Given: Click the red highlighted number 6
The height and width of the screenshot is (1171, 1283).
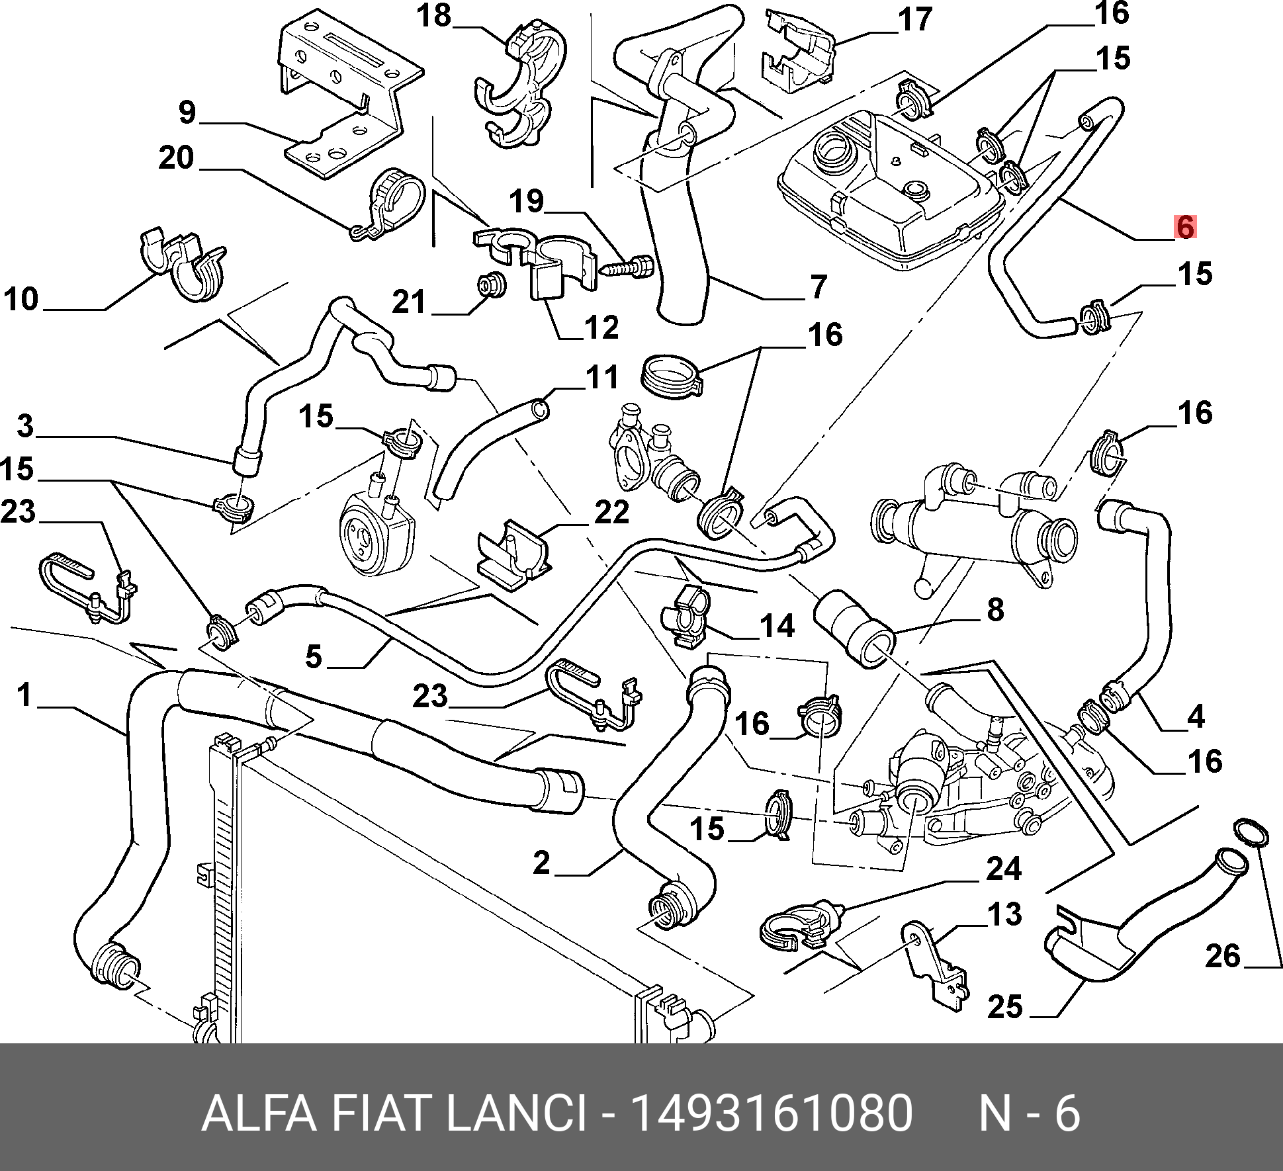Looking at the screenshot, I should tap(1184, 227).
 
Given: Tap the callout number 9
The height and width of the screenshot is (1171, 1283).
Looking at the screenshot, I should tap(187, 112).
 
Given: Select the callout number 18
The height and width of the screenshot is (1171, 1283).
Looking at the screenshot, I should tap(433, 16).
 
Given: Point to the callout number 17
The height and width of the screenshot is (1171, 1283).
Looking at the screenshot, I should tap(915, 20).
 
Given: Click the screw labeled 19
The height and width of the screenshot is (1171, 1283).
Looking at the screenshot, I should tap(627, 269).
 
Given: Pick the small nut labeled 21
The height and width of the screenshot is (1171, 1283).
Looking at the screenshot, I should tap(492, 285).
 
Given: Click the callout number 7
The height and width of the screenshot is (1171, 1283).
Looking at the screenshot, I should tap(818, 286).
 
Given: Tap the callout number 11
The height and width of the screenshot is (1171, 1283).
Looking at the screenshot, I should tap(601, 378).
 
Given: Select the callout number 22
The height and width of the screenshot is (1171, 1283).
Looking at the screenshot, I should tap(611, 512).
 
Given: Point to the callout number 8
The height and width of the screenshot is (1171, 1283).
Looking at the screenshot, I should tap(995, 609).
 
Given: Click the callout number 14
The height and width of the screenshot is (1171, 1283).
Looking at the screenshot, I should tap(777, 625).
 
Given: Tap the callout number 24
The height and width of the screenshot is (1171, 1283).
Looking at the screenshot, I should tap(1004, 869).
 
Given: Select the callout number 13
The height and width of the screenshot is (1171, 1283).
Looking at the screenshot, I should tap(1004, 914).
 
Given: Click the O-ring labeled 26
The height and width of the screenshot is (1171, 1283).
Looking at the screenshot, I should tap(1251, 832).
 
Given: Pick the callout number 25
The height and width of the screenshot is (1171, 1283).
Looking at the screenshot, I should tap(1004, 1007).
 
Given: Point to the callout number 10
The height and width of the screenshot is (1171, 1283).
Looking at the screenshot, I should tap(21, 299).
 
